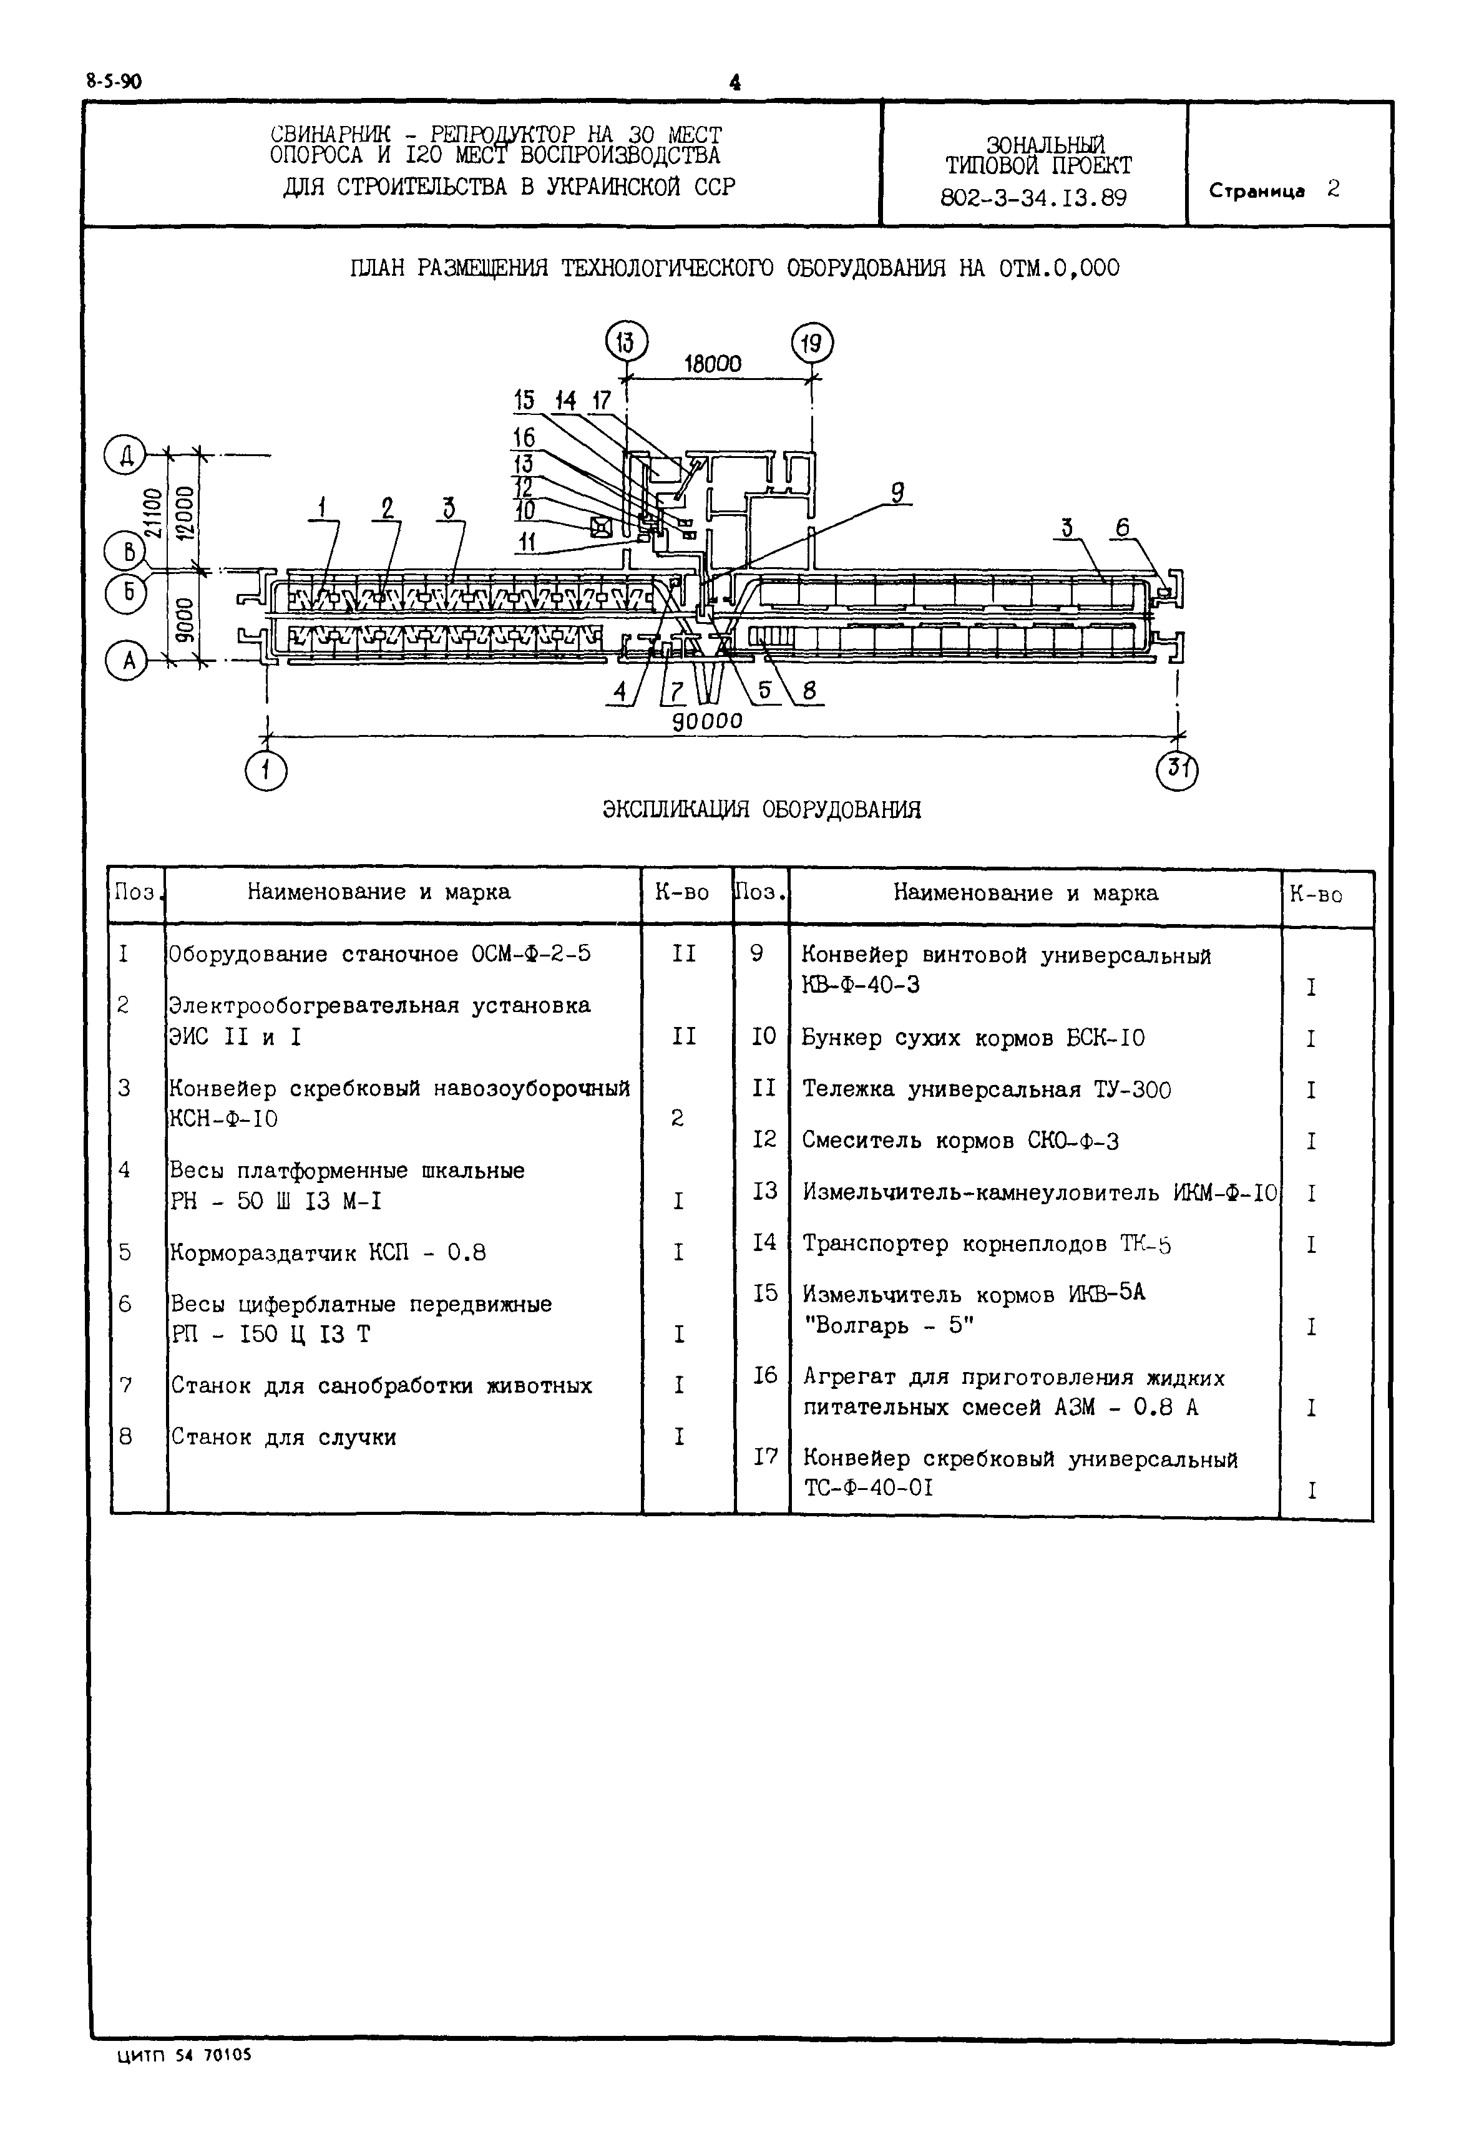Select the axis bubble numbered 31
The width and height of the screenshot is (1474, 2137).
1176,770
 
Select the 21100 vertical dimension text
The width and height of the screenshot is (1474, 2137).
154,512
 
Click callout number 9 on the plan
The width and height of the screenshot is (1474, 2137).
896,492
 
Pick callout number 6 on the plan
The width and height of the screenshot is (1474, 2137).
1122,527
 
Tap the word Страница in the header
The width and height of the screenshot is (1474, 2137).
1256,191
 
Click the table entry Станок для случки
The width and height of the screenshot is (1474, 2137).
283,1437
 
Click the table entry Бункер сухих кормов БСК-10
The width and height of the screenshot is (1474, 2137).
972,1038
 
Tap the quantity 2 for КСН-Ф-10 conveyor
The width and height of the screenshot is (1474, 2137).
677,1118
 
